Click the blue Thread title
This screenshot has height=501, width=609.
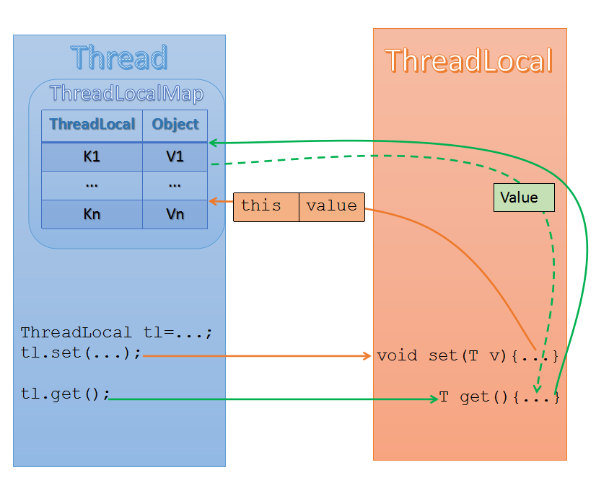(x=119, y=58)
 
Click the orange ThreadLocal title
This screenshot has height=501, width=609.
(x=469, y=61)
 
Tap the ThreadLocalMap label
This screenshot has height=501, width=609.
(x=126, y=94)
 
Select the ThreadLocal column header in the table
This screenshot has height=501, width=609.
(x=92, y=125)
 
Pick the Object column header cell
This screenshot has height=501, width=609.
(x=175, y=125)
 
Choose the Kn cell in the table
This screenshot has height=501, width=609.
(x=92, y=215)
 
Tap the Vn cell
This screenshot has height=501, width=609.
(x=175, y=215)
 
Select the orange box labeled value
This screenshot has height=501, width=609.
(x=331, y=206)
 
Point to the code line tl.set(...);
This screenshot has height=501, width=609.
(x=82, y=355)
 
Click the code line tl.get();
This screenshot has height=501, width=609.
(x=66, y=395)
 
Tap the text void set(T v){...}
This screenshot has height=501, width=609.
(x=468, y=356)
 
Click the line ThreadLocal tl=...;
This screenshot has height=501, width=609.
(x=116, y=333)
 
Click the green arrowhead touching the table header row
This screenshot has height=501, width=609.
(x=214, y=143)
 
